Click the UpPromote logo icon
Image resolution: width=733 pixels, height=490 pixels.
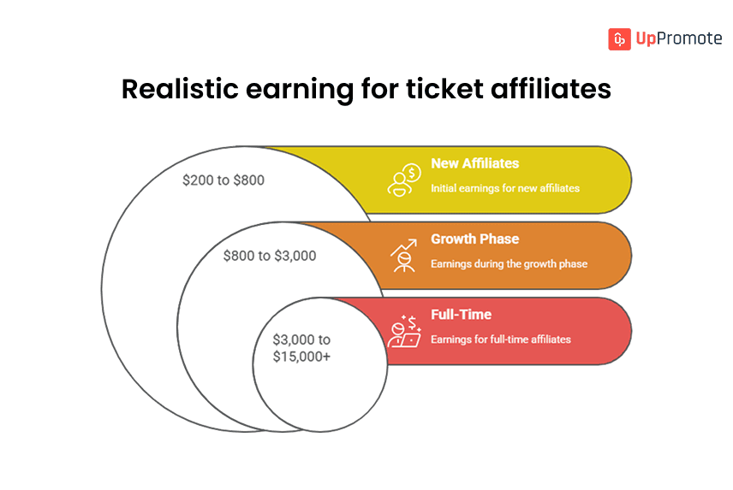pyautogui.click(x=620, y=39)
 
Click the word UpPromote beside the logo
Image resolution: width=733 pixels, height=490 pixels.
pyautogui.click(x=678, y=39)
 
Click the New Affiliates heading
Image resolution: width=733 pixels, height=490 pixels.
pyautogui.click(x=474, y=163)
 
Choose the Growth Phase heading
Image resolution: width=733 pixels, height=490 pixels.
pyautogui.click(x=474, y=239)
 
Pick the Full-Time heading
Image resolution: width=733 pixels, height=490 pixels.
pyautogui.click(x=461, y=315)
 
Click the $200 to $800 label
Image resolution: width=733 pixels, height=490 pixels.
pyautogui.click(x=223, y=180)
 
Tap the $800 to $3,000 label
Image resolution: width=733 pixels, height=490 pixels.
pyautogui.click(x=270, y=256)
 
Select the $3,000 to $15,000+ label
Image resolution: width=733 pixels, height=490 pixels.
pyautogui.click(x=301, y=348)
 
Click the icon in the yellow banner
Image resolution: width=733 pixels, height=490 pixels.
pyautogui.click(x=403, y=180)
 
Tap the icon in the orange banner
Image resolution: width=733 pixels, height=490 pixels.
pyautogui.click(x=403, y=255)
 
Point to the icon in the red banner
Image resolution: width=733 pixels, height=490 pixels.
pyautogui.click(x=403, y=331)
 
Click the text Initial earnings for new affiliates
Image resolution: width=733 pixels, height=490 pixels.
pyautogui.click(x=504, y=188)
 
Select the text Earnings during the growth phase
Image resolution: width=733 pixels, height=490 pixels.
pyautogui.click(x=509, y=263)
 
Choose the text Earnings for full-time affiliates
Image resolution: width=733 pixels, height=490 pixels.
pyautogui.click(x=500, y=339)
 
